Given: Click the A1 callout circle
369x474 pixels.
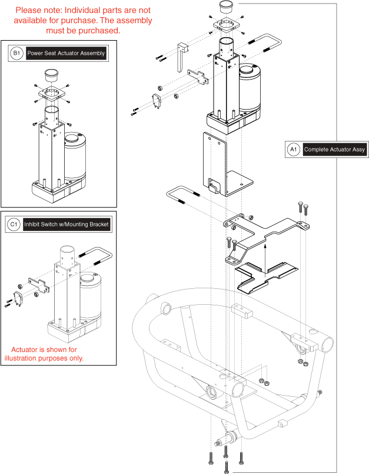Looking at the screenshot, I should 294,150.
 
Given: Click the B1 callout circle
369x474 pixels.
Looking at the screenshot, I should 16,54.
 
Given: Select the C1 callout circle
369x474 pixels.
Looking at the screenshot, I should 14,225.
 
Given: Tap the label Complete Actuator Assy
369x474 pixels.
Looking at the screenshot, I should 334,150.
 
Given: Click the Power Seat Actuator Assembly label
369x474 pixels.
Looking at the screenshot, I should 66,54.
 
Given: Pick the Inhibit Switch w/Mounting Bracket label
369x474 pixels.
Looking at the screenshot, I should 67,225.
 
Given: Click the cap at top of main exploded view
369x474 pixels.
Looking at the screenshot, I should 227,8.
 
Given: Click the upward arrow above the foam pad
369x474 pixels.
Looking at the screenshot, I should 265,255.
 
